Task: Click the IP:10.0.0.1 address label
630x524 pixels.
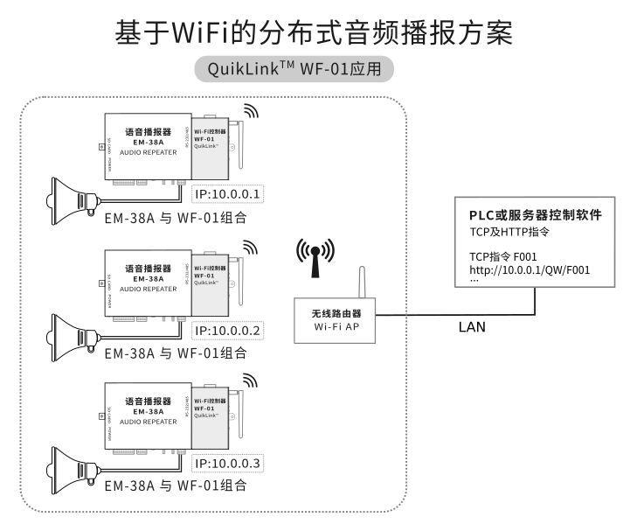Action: [227, 193]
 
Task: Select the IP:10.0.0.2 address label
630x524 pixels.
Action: [227, 331]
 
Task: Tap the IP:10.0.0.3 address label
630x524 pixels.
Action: [227, 464]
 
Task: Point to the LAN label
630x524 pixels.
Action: [473, 328]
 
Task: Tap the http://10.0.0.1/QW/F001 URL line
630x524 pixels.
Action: [530, 269]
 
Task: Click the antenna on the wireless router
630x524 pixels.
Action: [359, 279]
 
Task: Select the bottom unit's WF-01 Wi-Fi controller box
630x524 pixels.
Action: [210, 415]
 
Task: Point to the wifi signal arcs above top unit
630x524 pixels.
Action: [251, 112]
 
